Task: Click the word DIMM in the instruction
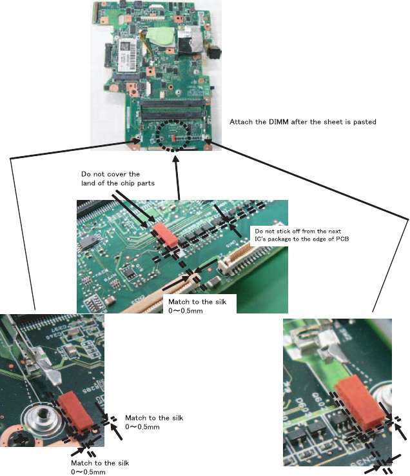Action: coord(278,121)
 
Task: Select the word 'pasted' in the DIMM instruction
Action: coord(362,121)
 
